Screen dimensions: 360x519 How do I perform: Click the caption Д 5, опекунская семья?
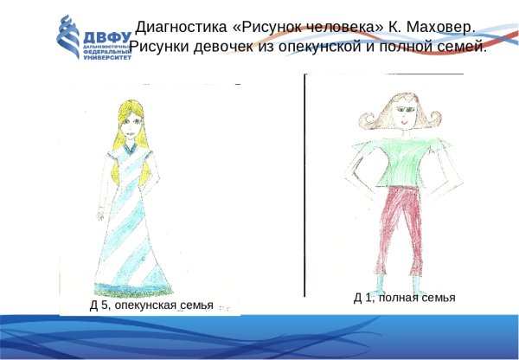151,305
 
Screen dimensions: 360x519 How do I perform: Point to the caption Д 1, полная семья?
404,298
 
